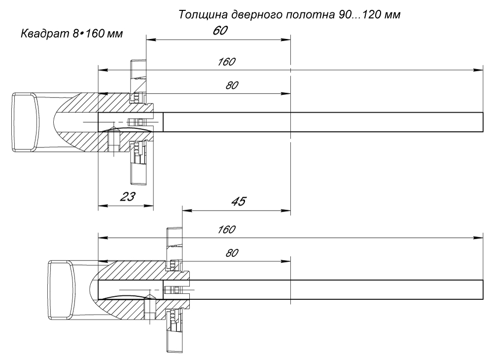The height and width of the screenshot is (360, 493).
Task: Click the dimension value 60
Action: pos(220,31)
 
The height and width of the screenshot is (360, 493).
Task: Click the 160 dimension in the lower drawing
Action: pos(226,230)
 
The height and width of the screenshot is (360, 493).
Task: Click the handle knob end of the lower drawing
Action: pos(60,290)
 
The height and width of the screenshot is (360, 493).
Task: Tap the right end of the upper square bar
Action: pos(482,122)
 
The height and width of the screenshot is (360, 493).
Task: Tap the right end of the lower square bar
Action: pos(482,290)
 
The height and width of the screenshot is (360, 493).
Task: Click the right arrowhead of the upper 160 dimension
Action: pos(478,70)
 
